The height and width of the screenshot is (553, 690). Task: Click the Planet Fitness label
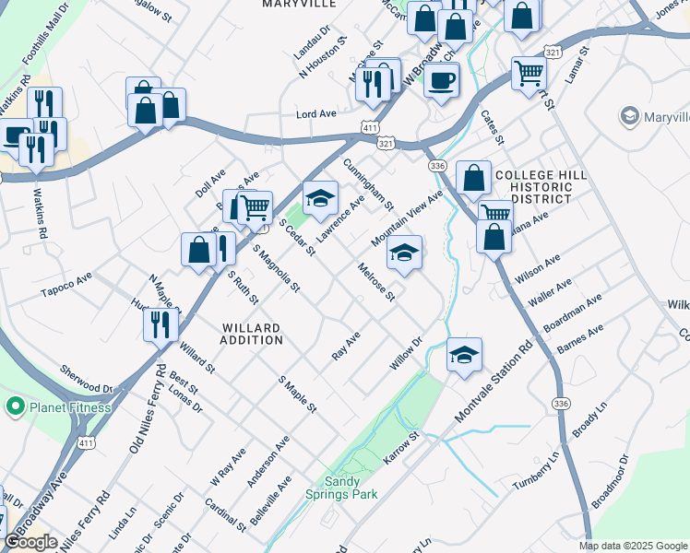[x=69, y=407]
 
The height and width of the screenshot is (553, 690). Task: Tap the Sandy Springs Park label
[x=341, y=488]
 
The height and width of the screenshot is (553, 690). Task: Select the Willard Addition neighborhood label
[x=252, y=334]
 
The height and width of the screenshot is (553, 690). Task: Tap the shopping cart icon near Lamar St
[x=529, y=73]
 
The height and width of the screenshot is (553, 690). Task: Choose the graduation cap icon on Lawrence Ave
[x=320, y=198]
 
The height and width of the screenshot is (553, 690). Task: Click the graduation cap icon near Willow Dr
[x=464, y=353]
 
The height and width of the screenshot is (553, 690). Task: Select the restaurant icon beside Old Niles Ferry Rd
[x=161, y=324]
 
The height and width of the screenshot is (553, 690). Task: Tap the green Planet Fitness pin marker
[x=15, y=406]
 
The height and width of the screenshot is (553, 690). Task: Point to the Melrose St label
[x=377, y=283]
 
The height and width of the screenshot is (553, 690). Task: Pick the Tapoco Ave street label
[x=66, y=292]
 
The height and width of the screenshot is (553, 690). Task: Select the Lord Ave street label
[x=315, y=114]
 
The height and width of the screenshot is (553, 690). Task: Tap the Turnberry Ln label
[x=536, y=471]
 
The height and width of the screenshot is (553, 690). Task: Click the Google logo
[x=31, y=542]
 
